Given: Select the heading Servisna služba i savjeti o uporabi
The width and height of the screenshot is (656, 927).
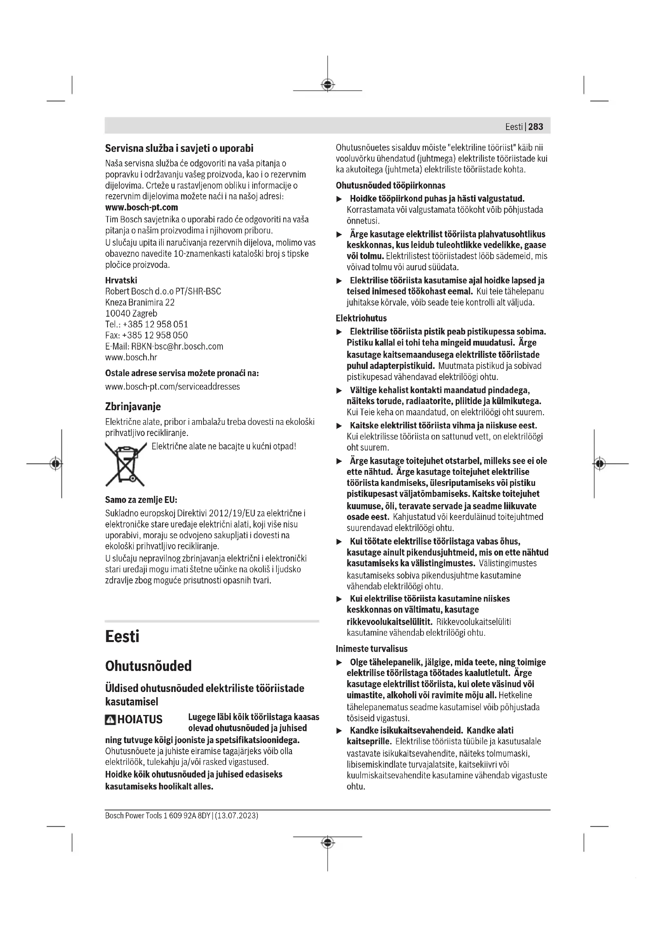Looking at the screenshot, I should point(179,148).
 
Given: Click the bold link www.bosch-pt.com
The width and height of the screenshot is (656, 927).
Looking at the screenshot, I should point(141,207).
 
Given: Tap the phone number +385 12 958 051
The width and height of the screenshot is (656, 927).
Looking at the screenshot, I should point(155,324).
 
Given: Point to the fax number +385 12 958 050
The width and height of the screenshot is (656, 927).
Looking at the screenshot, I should point(155,335).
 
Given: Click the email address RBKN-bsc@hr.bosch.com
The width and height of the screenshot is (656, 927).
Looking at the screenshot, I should point(177,346).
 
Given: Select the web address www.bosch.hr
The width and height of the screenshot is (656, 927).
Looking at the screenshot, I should point(131,357).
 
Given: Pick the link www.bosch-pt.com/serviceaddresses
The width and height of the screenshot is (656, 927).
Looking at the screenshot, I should point(173,386).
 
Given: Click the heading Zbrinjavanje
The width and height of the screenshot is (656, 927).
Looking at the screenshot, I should point(133,406).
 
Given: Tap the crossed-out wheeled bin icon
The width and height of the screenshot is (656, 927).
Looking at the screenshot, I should point(126,464).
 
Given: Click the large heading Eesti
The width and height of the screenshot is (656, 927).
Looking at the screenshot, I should point(122,636).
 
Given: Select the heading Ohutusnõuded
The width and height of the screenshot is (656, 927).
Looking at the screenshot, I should point(148,666).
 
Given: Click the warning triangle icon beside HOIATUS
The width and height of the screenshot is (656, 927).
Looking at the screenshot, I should point(110,719).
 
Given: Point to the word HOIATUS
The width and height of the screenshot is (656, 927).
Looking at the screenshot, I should point(140,719).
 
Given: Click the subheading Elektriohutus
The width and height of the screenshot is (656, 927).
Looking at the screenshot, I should point(361,318).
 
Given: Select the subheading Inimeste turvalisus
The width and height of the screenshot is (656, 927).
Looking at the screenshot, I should point(372,649).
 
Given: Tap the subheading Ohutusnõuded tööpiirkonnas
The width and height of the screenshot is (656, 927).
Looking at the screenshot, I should point(390,185).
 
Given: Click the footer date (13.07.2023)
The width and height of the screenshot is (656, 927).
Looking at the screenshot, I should point(236,816).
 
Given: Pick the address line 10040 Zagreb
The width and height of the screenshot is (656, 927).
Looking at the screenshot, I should point(131,313).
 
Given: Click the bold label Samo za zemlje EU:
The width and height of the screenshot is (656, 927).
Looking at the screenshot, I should point(141,500).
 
